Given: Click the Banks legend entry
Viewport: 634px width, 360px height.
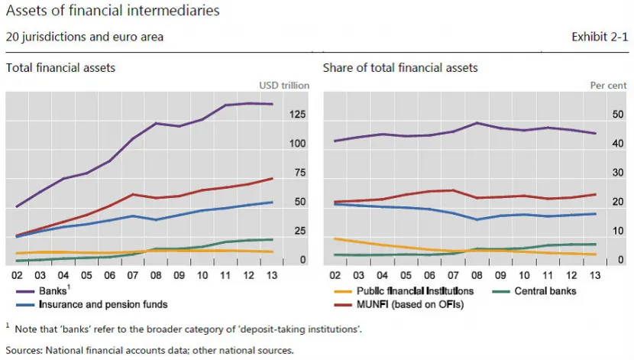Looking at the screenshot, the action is [43, 290].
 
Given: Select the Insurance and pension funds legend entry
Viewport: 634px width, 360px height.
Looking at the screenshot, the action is [92, 304].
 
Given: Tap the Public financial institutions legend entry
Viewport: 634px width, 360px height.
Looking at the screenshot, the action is [404, 291].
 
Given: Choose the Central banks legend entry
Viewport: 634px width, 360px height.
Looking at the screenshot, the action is [535, 291].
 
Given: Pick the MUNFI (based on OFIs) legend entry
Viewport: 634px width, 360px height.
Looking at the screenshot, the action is [399, 304].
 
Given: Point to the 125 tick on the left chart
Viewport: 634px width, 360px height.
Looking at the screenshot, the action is [297, 115].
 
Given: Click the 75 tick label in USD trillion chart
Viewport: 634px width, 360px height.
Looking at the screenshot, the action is [300, 173].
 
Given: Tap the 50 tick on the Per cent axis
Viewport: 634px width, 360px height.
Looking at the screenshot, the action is [618, 115].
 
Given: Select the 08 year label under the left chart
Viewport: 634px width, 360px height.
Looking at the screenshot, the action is [156, 275].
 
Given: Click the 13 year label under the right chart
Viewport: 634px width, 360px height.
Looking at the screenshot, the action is [595, 275].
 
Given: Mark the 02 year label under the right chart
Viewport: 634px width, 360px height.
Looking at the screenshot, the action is [335, 275].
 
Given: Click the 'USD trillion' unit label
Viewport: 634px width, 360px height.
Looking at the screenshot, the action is [284, 86].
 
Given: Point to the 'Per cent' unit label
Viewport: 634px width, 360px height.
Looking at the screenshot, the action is [608, 86].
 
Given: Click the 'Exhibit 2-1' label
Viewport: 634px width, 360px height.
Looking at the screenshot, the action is [600, 37].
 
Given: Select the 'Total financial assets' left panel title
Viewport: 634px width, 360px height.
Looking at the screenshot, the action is [60, 67].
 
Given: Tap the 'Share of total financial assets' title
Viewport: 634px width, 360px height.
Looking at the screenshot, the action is [400, 67].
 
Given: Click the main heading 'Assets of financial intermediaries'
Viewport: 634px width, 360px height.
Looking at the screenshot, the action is [113, 10].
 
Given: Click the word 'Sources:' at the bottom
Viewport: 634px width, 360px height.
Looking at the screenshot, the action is [24, 350].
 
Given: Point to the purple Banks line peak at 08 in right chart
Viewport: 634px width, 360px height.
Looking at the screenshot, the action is [477, 123].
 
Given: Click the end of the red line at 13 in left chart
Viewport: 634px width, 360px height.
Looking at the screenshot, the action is [272, 178].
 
